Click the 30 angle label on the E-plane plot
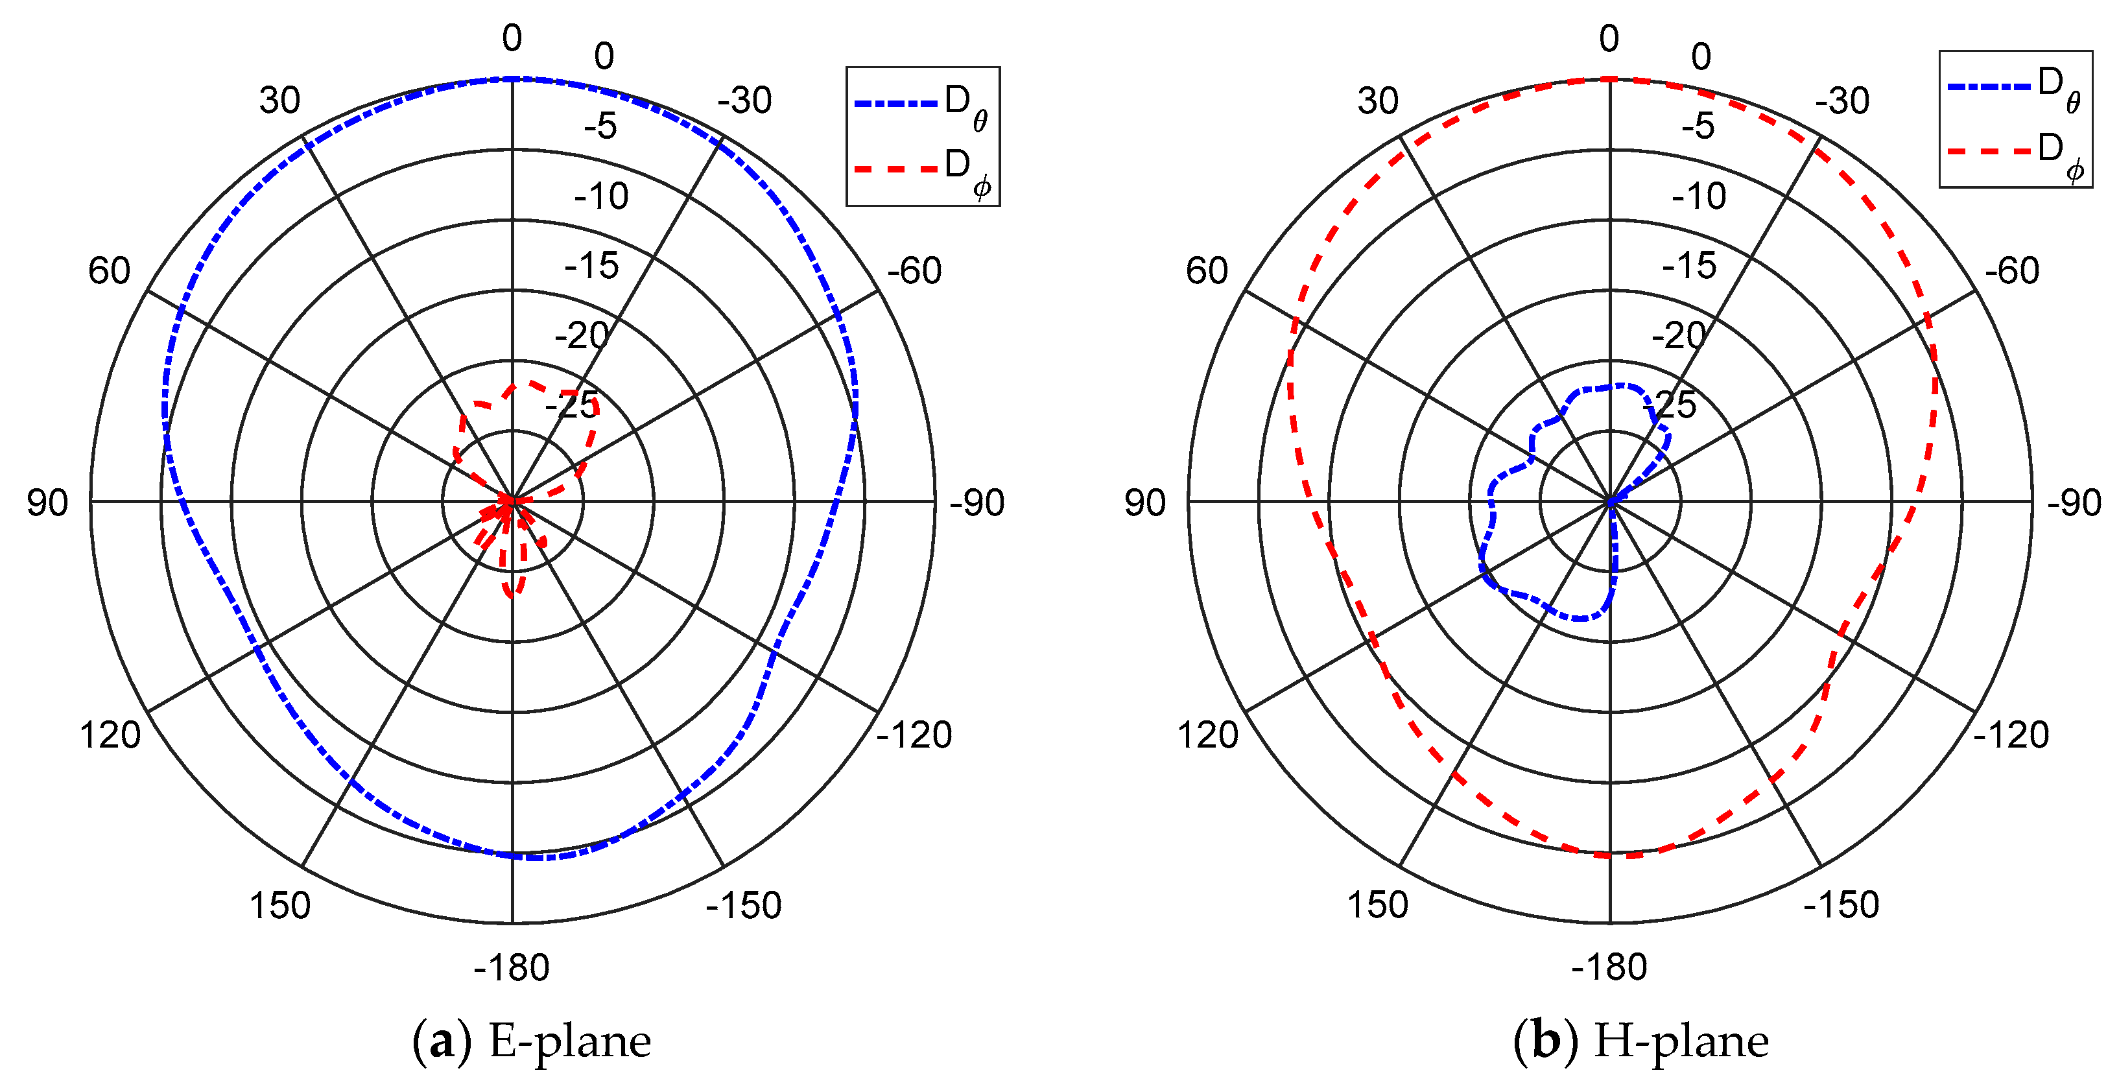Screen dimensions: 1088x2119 click(279, 101)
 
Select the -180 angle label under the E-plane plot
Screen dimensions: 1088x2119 click(512, 967)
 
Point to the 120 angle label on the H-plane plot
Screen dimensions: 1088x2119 click(1207, 735)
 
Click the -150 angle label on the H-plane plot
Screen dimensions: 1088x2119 click(1841, 905)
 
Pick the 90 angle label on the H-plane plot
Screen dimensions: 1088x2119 click(1145, 503)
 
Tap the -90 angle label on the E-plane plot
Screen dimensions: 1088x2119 click(977, 503)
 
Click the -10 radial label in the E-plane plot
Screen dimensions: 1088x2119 click(601, 196)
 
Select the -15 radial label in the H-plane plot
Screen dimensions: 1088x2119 click(1689, 266)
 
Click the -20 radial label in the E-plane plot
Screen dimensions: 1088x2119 click(582, 335)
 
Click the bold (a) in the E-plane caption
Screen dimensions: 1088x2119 click(442, 1041)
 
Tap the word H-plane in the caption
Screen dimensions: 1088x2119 click(1681, 1041)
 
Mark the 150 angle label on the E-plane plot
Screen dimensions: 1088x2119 click(279, 905)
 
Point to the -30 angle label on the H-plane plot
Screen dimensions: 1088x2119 click(1843, 101)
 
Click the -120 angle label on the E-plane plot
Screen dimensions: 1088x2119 click(914, 735)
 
